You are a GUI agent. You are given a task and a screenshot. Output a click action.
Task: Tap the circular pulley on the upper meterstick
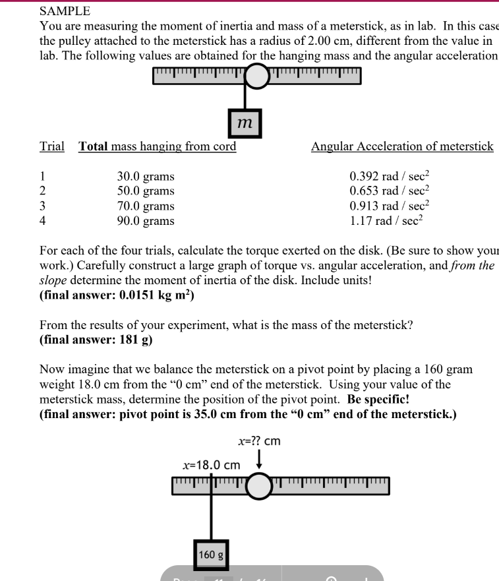coord(257,76)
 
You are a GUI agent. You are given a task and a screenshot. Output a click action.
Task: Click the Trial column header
coord(52,146)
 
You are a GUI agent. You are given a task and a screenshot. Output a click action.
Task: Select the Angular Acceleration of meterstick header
coord(401,146)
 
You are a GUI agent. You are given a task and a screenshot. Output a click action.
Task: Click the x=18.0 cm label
coord(211,466)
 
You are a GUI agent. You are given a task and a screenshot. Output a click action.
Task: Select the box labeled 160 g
coord(211,555)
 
